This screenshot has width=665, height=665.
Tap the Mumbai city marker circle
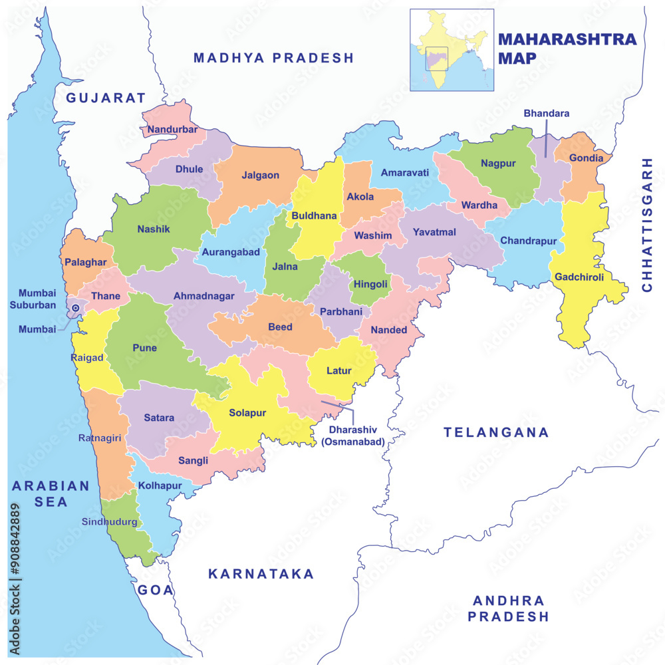tap(75, 308)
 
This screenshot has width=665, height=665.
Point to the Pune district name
tap(144, 348)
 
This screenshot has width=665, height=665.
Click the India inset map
tap(452, 50)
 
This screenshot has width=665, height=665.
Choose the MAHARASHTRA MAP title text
tap(567, 49)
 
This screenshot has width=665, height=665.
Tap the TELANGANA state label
tap(496, 432)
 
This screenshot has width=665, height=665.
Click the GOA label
tap(156, 589)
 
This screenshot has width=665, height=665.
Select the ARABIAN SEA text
tap(51, 493)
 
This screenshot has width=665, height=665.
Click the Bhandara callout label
tap(546, 114)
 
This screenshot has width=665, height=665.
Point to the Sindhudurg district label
tap(110, 522)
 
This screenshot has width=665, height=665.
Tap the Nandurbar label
tap(172, 129)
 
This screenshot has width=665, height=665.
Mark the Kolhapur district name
tap(160, 485)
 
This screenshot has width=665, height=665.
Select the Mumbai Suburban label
tap(37, 299)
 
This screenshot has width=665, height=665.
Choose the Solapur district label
tap(247, 413)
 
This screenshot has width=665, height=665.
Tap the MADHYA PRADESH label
tap(273, 58)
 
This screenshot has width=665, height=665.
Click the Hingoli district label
tap(370, 284)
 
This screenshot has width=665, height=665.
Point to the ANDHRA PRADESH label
tap(508, 608)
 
